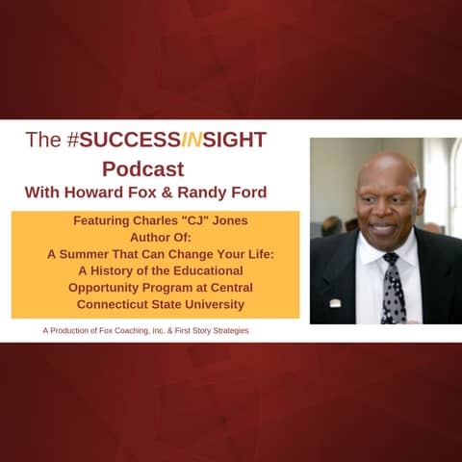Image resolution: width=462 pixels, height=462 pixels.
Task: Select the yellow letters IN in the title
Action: pos(192,141)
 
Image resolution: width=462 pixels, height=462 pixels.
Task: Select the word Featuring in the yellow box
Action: pos(105,220)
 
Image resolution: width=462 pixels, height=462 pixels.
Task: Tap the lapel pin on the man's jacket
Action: pos(335,303)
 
